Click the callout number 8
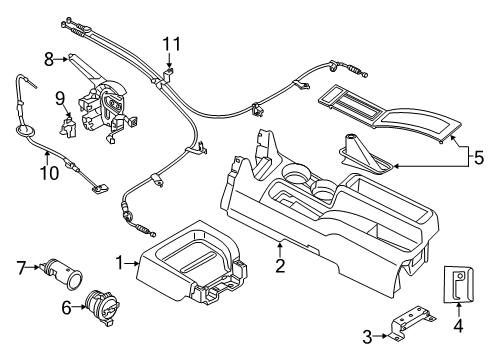pyautogui.click(x=47, y=59)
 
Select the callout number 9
pyautogui.click(x=59, y=98)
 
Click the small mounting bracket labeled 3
pyautogui.click(x=405, y=325)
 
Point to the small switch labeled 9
pyautogui.click(x=70, y=128)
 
